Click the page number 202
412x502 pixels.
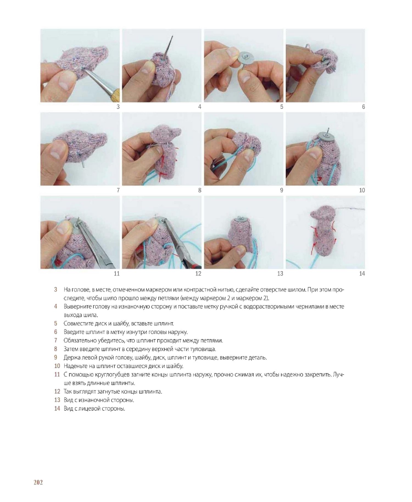(38, 482)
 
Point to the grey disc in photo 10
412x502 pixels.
(325, 137)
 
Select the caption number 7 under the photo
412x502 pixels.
(118, 190)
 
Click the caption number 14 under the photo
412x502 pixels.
(362, 274)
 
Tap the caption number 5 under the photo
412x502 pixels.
(282, 107)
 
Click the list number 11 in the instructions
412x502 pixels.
(57, 374)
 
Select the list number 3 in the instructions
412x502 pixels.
(56, 289)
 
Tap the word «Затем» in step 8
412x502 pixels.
(71, 349)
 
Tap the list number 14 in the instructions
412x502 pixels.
(57, 409)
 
